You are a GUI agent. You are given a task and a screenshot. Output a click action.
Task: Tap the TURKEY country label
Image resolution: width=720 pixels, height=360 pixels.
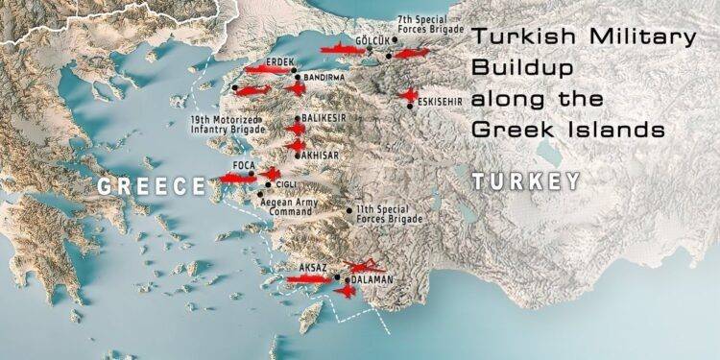526,181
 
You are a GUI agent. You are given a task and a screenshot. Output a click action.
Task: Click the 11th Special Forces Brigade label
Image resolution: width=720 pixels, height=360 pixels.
391,213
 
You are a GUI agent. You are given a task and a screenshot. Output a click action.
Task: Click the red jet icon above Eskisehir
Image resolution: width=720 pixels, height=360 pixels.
410,95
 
